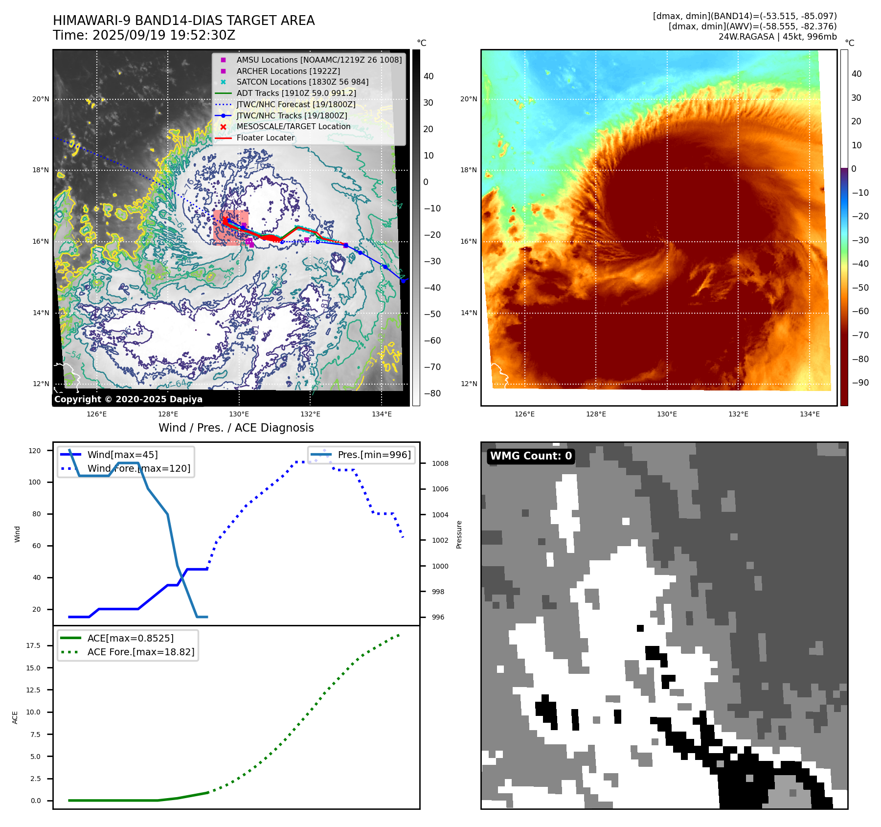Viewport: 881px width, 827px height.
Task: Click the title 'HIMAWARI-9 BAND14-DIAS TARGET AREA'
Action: [x=183, y=21]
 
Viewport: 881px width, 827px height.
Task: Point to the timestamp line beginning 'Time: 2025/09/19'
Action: [x=144, y=35]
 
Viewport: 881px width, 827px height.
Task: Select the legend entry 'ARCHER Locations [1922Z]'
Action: [x=288, y=71]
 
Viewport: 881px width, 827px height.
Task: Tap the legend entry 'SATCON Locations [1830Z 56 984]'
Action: [x=302, y=82]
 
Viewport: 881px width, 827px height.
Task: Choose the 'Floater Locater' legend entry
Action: [x=266, y=138]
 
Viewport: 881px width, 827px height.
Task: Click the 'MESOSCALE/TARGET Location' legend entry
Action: [x=294, y=126]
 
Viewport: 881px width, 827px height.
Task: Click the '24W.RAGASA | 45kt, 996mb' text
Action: [x=777, y=37]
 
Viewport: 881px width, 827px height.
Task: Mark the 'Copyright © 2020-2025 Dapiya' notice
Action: [x=128, y=399]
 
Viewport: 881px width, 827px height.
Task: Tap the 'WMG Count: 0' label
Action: [x=531, y=456]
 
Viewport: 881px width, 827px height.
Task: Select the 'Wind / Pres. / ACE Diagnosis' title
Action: [x=236, y=428]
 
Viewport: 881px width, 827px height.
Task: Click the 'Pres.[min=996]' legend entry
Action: [x=374, y=455]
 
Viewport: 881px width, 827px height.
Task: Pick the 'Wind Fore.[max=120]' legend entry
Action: [x=139, y=468]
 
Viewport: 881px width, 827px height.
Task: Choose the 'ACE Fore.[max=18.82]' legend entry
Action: [x=141, y=652]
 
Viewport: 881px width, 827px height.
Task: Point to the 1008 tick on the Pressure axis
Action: [x=440, y=463]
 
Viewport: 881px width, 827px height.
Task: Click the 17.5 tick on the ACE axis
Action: [x=33, y=645]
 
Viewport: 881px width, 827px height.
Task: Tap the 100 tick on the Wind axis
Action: [x=35, y=482]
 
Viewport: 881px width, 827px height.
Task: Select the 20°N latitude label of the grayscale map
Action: [x=41, y=99]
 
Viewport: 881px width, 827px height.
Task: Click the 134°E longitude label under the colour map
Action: [x=810, y=414]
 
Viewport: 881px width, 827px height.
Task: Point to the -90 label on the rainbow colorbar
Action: [x=860, y=383]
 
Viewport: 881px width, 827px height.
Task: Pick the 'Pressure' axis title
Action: [x=459, y=534]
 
